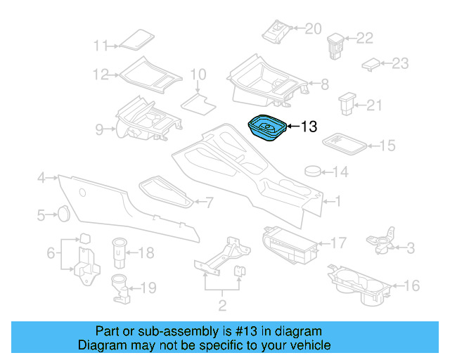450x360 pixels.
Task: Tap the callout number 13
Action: (x=309, y=127)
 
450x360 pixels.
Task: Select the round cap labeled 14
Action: (x=314, y=172)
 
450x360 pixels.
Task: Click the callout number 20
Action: (x=312, y=29)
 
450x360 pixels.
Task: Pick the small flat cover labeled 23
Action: (x=371, y=64)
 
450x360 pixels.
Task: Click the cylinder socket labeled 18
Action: (x=120, y=251)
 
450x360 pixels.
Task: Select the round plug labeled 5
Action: (x=63, y=213)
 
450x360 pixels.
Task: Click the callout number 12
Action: (x=100, y=74)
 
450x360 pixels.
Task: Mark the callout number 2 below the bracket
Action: (x=222, y=306)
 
